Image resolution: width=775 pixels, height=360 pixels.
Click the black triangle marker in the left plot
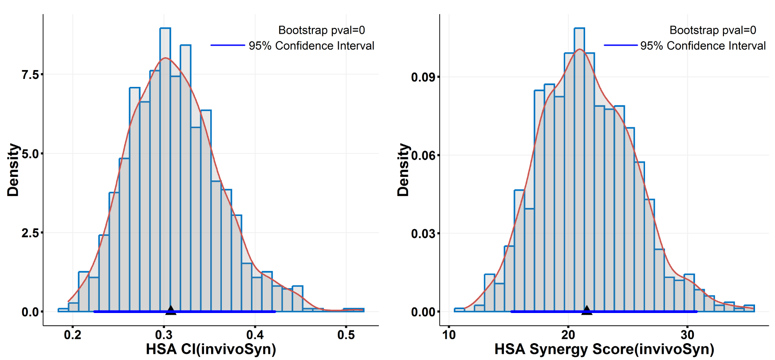tap(171, 310)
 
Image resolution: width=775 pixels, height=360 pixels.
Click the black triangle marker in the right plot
tap(586, 310)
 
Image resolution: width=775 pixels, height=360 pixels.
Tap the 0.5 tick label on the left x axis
tap(346, 335)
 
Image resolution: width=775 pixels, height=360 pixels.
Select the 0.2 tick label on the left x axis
tap(73, 335)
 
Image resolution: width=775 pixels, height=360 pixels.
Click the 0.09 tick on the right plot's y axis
tap(423, 77)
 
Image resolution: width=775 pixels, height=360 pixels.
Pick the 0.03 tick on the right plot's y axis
tap(423, 234)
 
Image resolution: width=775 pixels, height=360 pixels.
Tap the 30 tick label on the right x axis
tap(687, 335)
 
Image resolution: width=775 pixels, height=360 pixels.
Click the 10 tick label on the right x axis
tap(449, 335)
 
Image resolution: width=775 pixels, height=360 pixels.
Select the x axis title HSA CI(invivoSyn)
tap(211, 349)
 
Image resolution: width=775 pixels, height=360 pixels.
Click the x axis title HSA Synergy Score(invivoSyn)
tap(604, 349)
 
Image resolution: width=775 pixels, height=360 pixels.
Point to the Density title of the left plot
tap(13, 170)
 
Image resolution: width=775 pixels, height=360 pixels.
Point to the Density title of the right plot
tap(403, 170)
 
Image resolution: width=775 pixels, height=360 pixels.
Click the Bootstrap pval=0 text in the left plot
tap(322, 30)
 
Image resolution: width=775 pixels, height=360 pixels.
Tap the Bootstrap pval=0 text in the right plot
tap(713, 30)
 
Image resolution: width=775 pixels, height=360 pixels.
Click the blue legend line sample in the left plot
tap(228, 45)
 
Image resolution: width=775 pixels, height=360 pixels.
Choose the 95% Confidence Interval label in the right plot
tap(703, 46)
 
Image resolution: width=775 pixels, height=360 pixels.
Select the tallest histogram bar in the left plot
tap(165, 168)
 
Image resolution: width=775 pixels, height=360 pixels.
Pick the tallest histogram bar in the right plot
tap(579, 168)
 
